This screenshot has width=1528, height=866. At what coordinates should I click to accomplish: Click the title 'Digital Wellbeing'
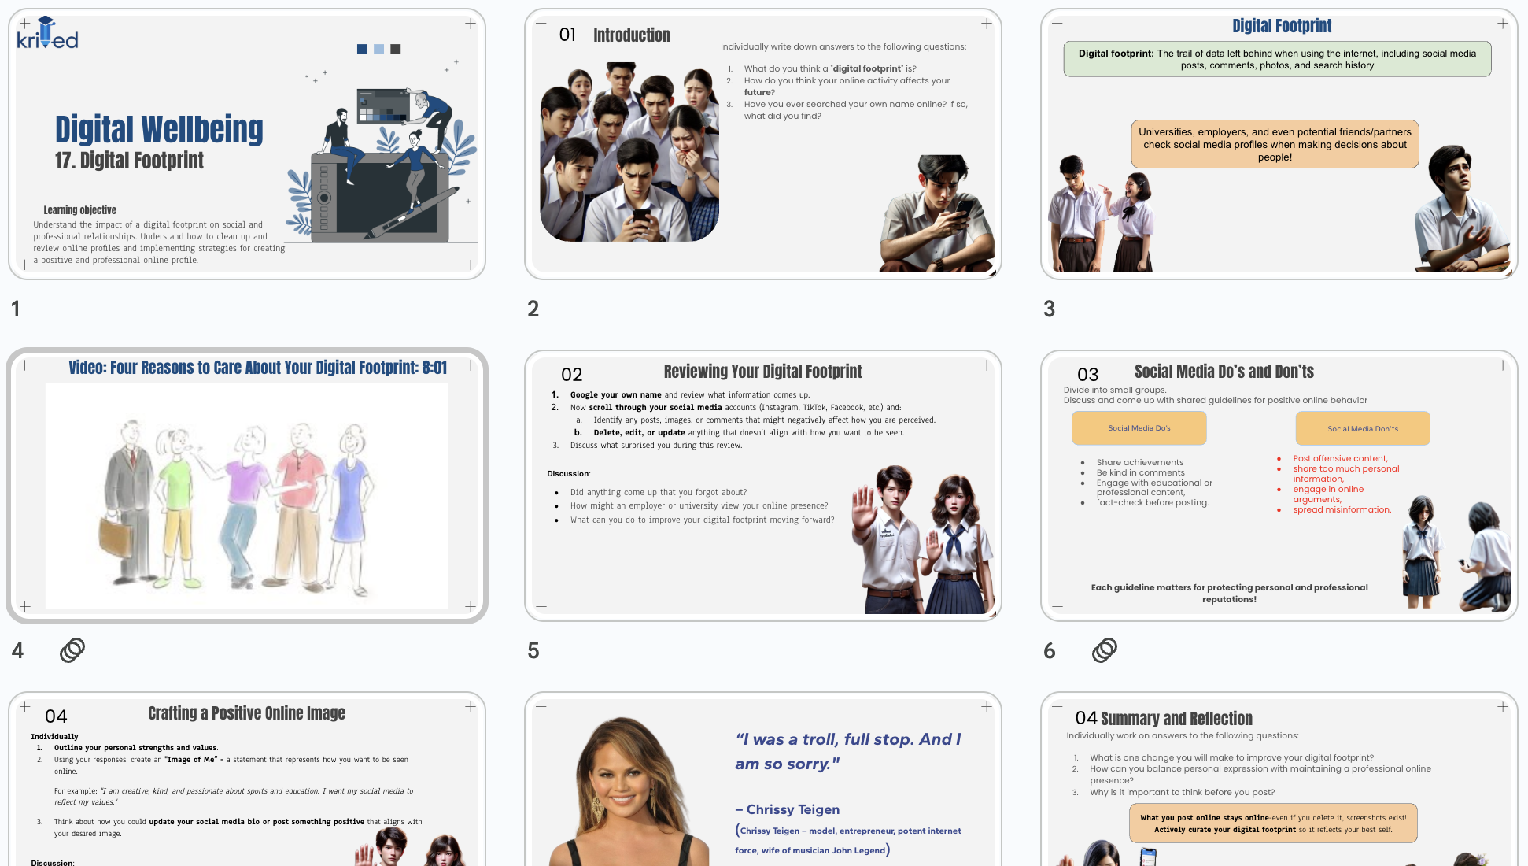(159, 130)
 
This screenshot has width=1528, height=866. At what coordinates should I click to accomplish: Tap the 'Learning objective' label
(79, 210)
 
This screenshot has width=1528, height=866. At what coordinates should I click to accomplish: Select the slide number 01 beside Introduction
(567, 35)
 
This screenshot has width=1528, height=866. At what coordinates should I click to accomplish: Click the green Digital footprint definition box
(1276, 59)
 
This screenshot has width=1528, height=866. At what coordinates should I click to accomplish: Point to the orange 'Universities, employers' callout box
(1275, 144)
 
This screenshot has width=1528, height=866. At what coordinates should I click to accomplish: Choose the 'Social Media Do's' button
(1139, 428)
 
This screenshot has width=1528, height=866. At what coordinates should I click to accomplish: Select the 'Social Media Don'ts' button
(1363, 429)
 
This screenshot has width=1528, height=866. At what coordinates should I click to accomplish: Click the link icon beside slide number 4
(72, 650)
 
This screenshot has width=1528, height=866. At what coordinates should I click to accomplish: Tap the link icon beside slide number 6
(1104, 650)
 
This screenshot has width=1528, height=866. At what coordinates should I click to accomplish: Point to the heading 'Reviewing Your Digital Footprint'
(762, 372)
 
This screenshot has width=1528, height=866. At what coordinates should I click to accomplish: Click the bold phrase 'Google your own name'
(615, 395)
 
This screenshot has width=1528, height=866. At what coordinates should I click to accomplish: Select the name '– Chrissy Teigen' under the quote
(788, 809)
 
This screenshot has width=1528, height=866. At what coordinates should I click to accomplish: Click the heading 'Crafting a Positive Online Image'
(246, 713)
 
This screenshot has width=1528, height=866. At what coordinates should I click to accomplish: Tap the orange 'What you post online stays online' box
(1272, 823)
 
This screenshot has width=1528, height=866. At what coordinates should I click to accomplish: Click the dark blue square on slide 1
(362, 49)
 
